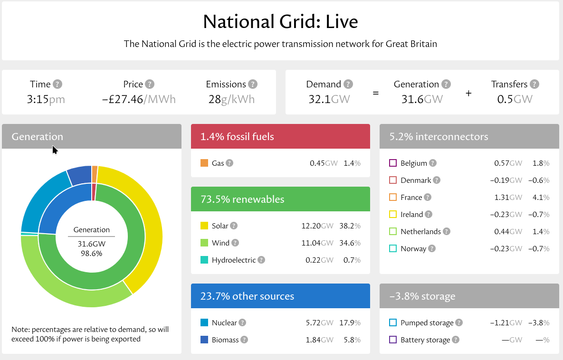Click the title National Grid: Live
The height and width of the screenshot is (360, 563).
pos(280,22)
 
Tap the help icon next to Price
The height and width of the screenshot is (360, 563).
pos(150,85)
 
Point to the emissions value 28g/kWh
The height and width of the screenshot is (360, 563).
pos(231,99)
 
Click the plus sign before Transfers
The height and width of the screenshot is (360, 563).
pos(468,94)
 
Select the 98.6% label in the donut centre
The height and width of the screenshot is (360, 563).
pos(92,254)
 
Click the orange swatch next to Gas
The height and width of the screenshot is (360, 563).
pos(204,163)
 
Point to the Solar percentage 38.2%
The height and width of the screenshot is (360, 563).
pos(350,226)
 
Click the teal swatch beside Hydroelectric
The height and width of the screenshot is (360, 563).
pos(204,260)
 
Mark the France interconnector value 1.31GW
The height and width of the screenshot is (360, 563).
pos(508,197)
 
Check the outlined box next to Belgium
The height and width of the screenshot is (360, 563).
pos(392,163)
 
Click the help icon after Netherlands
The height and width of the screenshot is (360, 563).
pos(446,231)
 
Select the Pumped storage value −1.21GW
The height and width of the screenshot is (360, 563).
pos(506,322)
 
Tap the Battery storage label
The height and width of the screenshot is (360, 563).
pos(425,340)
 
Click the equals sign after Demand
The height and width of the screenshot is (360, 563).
pos(375,94)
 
